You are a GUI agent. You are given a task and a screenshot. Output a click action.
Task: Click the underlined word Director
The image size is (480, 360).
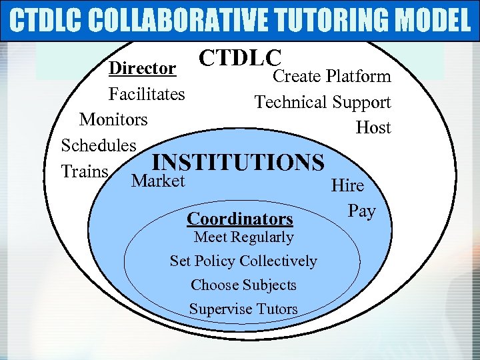click(143, 69)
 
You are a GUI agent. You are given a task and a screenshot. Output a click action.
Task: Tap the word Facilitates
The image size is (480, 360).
click(147, 94)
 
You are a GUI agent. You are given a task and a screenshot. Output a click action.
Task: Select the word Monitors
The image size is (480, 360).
click(113, 119)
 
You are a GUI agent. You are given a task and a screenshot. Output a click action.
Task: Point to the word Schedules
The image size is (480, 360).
click(99, 145)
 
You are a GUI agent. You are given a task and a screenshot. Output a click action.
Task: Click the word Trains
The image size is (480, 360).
click(85, 171)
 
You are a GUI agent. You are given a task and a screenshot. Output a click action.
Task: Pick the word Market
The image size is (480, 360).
click(159, 181)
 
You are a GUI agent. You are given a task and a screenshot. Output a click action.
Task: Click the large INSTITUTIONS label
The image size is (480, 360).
click(238, 163)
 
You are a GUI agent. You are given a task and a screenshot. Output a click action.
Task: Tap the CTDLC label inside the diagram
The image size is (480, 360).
click(241, 58)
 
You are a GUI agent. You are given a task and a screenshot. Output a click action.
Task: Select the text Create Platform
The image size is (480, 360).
click(332, 77)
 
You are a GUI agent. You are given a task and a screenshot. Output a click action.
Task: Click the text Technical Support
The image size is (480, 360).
click(323, 102)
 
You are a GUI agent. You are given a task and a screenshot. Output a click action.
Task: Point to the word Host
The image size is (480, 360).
click(373, 127)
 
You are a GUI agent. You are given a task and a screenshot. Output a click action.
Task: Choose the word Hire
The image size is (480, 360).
click(347, 186)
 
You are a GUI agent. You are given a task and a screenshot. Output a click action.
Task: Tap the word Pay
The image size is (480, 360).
click(362, 211)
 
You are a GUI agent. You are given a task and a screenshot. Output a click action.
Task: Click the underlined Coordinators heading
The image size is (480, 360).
click(240, 219)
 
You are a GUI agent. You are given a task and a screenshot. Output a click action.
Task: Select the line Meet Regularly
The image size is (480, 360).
click(243, 237)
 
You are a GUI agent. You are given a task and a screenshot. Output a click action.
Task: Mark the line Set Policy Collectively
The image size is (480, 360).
click(243, 261)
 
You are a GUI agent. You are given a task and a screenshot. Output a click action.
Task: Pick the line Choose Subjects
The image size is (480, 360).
click(243, 285)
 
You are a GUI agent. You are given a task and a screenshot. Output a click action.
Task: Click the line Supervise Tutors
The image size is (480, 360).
click(243, 309)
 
